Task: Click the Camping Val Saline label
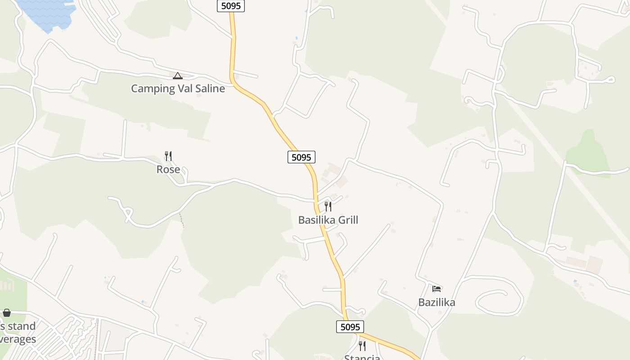pos(178,88)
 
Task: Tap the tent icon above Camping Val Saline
pos(178,76)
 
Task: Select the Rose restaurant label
pos(168,170)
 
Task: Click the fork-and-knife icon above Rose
pos(168,156)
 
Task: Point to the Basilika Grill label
pos(328,220)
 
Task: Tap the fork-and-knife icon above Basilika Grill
pos(328,207)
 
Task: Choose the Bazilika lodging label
pos(436,302)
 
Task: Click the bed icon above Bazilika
pos(436,288)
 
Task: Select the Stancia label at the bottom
pos(362,357)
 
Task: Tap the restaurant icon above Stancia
pos(362,346)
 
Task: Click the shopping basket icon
pos(7,312)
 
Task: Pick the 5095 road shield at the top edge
pos(231,6)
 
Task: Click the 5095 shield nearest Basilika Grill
pos(301,157)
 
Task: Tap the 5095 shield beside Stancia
pos(350,327)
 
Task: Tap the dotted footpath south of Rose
pos(182,220)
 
